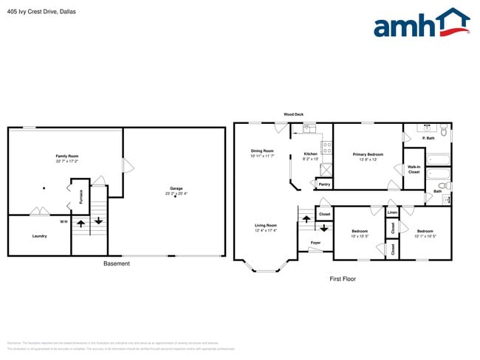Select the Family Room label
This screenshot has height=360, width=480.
(66, 156)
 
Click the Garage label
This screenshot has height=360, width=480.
(176, 188)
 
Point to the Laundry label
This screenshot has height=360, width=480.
(40, 236)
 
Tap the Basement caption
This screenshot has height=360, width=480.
(117, 263)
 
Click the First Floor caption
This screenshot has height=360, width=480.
(343, 279)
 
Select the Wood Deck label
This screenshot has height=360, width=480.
(294, 114)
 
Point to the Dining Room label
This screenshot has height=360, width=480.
(262, 150)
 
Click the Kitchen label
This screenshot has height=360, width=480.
(311, 153)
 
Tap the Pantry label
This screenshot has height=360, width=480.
(324, 184)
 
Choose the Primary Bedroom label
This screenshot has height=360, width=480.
(368, 154)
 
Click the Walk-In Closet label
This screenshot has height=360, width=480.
(414, 169)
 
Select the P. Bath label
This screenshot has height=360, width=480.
(428, 138)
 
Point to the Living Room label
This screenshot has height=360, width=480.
(266, 225)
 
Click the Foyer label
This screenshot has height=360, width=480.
(315, 242)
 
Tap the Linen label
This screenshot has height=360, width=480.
(392, 212)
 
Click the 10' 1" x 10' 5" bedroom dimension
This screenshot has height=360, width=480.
(425, 236)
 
